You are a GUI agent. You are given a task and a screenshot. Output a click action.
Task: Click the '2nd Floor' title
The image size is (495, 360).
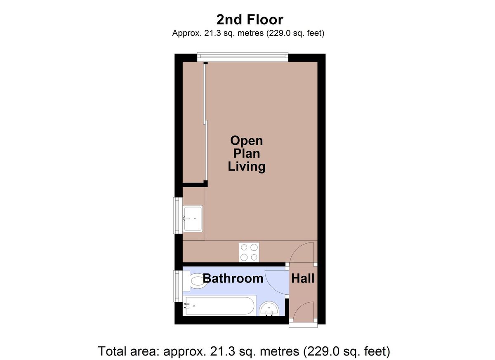pos(250,19)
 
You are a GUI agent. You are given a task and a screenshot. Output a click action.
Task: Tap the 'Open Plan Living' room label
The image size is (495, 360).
pos(247,153)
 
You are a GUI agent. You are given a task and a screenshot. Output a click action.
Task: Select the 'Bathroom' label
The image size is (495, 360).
pos(233,278)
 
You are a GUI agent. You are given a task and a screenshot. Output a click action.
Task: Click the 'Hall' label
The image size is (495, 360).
pos(303,278)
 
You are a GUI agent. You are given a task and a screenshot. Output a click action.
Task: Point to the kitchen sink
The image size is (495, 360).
pos(193,219)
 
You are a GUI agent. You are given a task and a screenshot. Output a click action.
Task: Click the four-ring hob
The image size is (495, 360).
pos(249,252)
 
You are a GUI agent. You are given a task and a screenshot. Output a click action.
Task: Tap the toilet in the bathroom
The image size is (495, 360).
pos(198,281)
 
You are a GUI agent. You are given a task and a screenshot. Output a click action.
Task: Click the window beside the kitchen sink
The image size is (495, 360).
pos(177,215)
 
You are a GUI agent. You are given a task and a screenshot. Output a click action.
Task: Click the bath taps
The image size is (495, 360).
pos(187,306)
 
